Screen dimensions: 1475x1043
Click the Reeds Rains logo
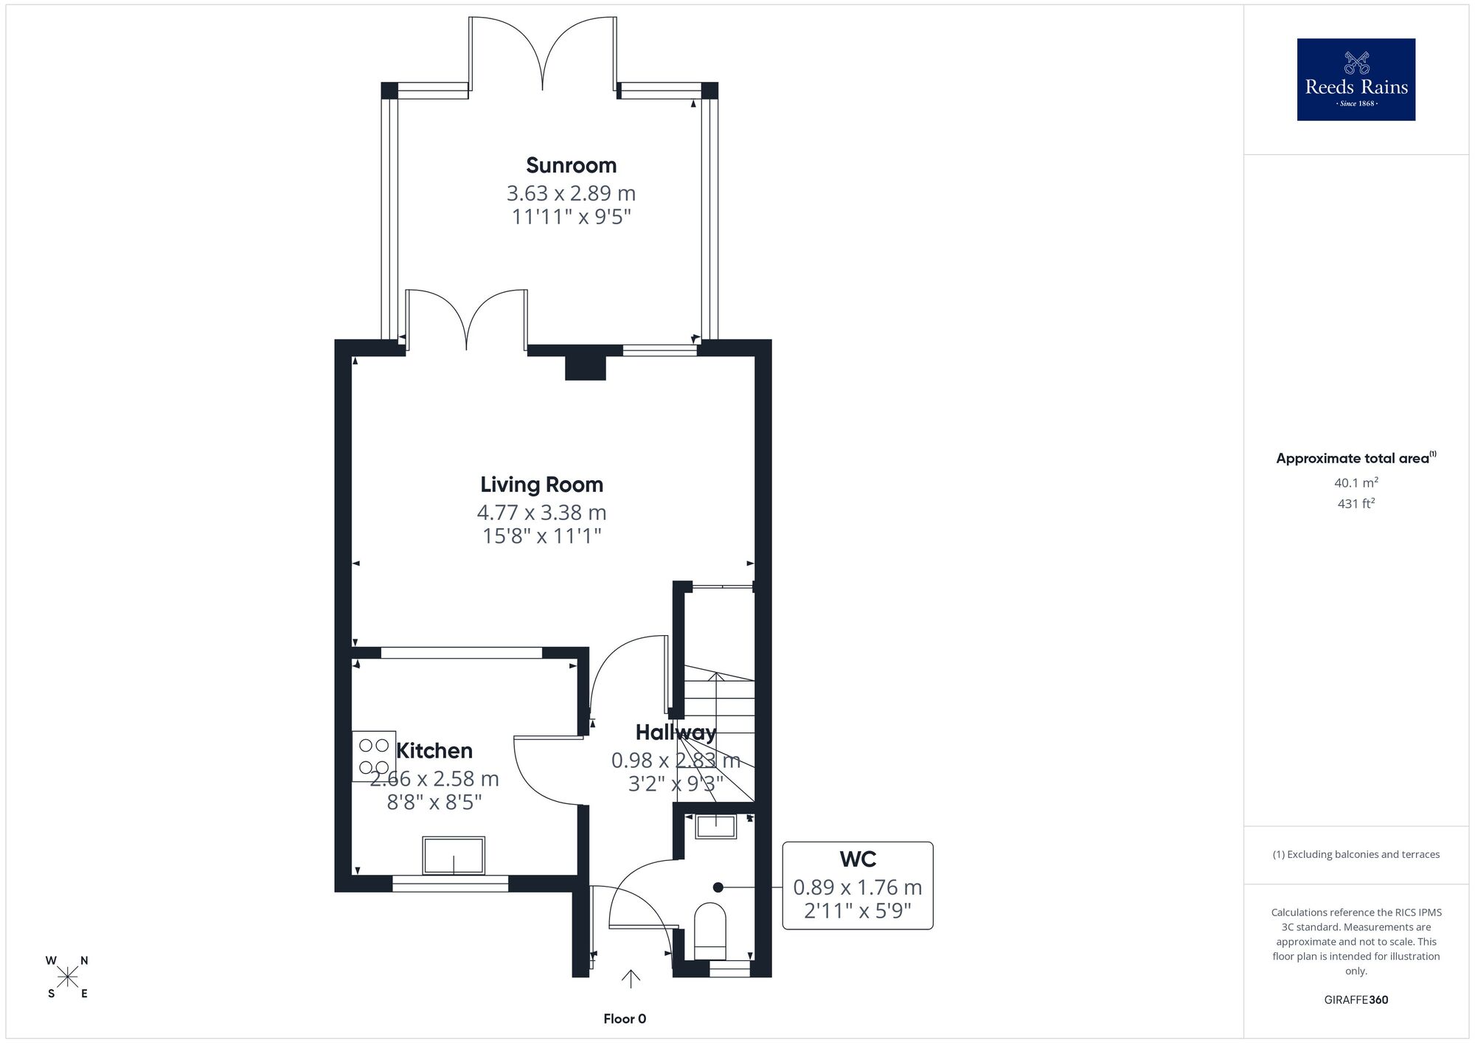[x=1356, y=80]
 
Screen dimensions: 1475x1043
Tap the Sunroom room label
[x=571, y=165]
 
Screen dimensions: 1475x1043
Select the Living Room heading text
[x=541, y=485]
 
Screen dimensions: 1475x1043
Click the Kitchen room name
[x=434, y=751]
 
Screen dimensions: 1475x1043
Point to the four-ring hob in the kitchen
[x=374, y=756]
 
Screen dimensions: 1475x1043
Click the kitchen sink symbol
[x=454, y=856]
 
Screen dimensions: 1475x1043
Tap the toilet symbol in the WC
[x=710, y=926]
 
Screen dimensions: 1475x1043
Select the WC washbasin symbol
[x=716, y=827]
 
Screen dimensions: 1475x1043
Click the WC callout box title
[x=858, y=859]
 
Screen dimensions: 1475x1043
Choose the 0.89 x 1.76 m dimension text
[x=858, y=887]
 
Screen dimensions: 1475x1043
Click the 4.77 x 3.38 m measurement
[x=541, y=512]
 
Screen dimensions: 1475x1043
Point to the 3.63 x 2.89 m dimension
[x=571, y=193]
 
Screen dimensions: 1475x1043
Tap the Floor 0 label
[x=625, y=1019]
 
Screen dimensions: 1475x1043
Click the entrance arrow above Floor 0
[x=630, y=978]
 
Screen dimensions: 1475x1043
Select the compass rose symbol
[x=68, y=977]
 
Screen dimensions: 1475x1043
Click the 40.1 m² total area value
[x=1356, y=483]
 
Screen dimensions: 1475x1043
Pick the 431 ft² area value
[x=1356, y=504]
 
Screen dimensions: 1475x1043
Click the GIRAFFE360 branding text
[x=1356, y=1000]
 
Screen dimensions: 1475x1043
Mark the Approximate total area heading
[x=1356, y=458]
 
